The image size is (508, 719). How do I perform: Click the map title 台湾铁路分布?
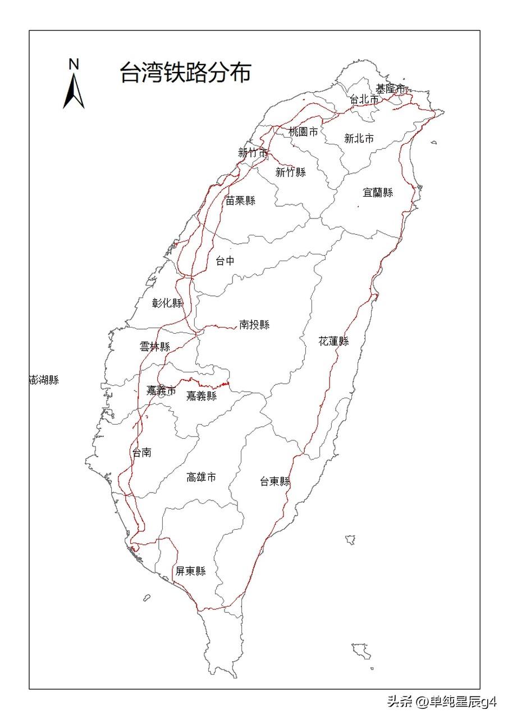(x=185, y=73)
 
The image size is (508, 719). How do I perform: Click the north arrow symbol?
(x=74, y=90)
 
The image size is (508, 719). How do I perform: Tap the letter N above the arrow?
(x=74, y=64)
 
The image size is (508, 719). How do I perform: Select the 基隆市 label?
(x=391, y=89)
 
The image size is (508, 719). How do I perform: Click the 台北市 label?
(x=364, y=99)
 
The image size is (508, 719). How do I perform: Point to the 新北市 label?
(x=359, y=139)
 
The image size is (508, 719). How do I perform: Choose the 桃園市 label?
(x=303, y=132)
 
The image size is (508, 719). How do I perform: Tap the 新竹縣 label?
(x=291, y=172)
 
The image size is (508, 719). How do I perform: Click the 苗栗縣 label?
(x=240, y=201)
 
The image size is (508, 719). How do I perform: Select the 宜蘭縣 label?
(x=378, y=193)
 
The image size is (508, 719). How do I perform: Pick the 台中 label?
(x=225, y=261)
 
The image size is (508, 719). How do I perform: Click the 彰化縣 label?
(x=168, y=303)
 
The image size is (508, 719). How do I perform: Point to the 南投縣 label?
(x=254, y=325)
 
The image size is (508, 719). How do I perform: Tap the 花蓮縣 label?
(x=334, y=341)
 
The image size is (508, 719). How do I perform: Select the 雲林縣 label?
(x=155, y=347)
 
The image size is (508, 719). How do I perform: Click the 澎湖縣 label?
(x=44, y=380)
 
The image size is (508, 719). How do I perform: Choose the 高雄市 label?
(x=201, y=477)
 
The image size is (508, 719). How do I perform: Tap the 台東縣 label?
(x=275, y=481)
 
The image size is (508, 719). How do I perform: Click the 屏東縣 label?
(x=190, y=571)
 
